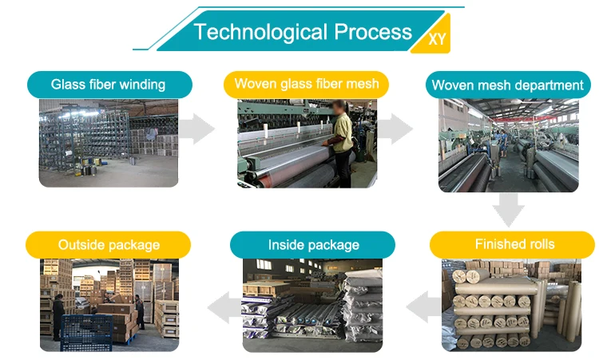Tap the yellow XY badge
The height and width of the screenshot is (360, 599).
[x=437, y=38]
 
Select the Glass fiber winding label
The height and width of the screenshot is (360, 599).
[x=109, y=85]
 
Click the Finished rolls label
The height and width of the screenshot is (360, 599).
[x=514, y=244]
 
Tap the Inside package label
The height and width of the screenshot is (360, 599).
[x=313, y=245]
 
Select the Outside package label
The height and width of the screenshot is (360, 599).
[x=109, y=245]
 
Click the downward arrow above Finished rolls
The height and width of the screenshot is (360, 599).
[x=508, y=209]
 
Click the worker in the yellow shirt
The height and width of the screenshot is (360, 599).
[x=343, y=140]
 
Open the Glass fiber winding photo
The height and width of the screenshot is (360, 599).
[x=109, y=144]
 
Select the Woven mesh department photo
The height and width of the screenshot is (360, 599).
[x=508, y=146]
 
